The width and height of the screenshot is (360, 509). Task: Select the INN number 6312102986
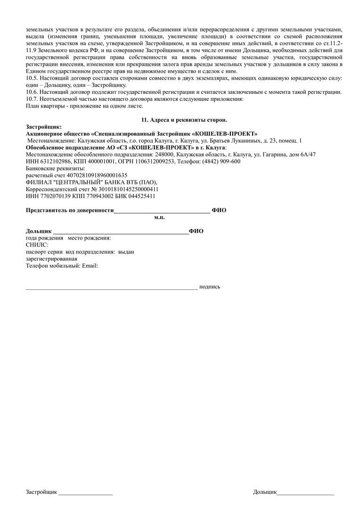pos(50,161)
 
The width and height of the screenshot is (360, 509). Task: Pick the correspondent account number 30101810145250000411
pos(125,189)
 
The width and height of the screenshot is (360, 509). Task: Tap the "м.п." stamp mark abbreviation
pos(159,217)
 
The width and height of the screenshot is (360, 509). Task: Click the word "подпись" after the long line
pos(210,287)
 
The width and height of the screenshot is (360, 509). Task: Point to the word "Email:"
pos(90,266)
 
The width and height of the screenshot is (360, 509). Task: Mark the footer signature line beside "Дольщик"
pos(305,493)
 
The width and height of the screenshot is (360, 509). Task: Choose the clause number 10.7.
pos(32,99)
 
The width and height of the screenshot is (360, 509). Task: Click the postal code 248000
pos(164,154)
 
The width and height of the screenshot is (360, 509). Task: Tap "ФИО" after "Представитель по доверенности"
pos(219,210)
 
